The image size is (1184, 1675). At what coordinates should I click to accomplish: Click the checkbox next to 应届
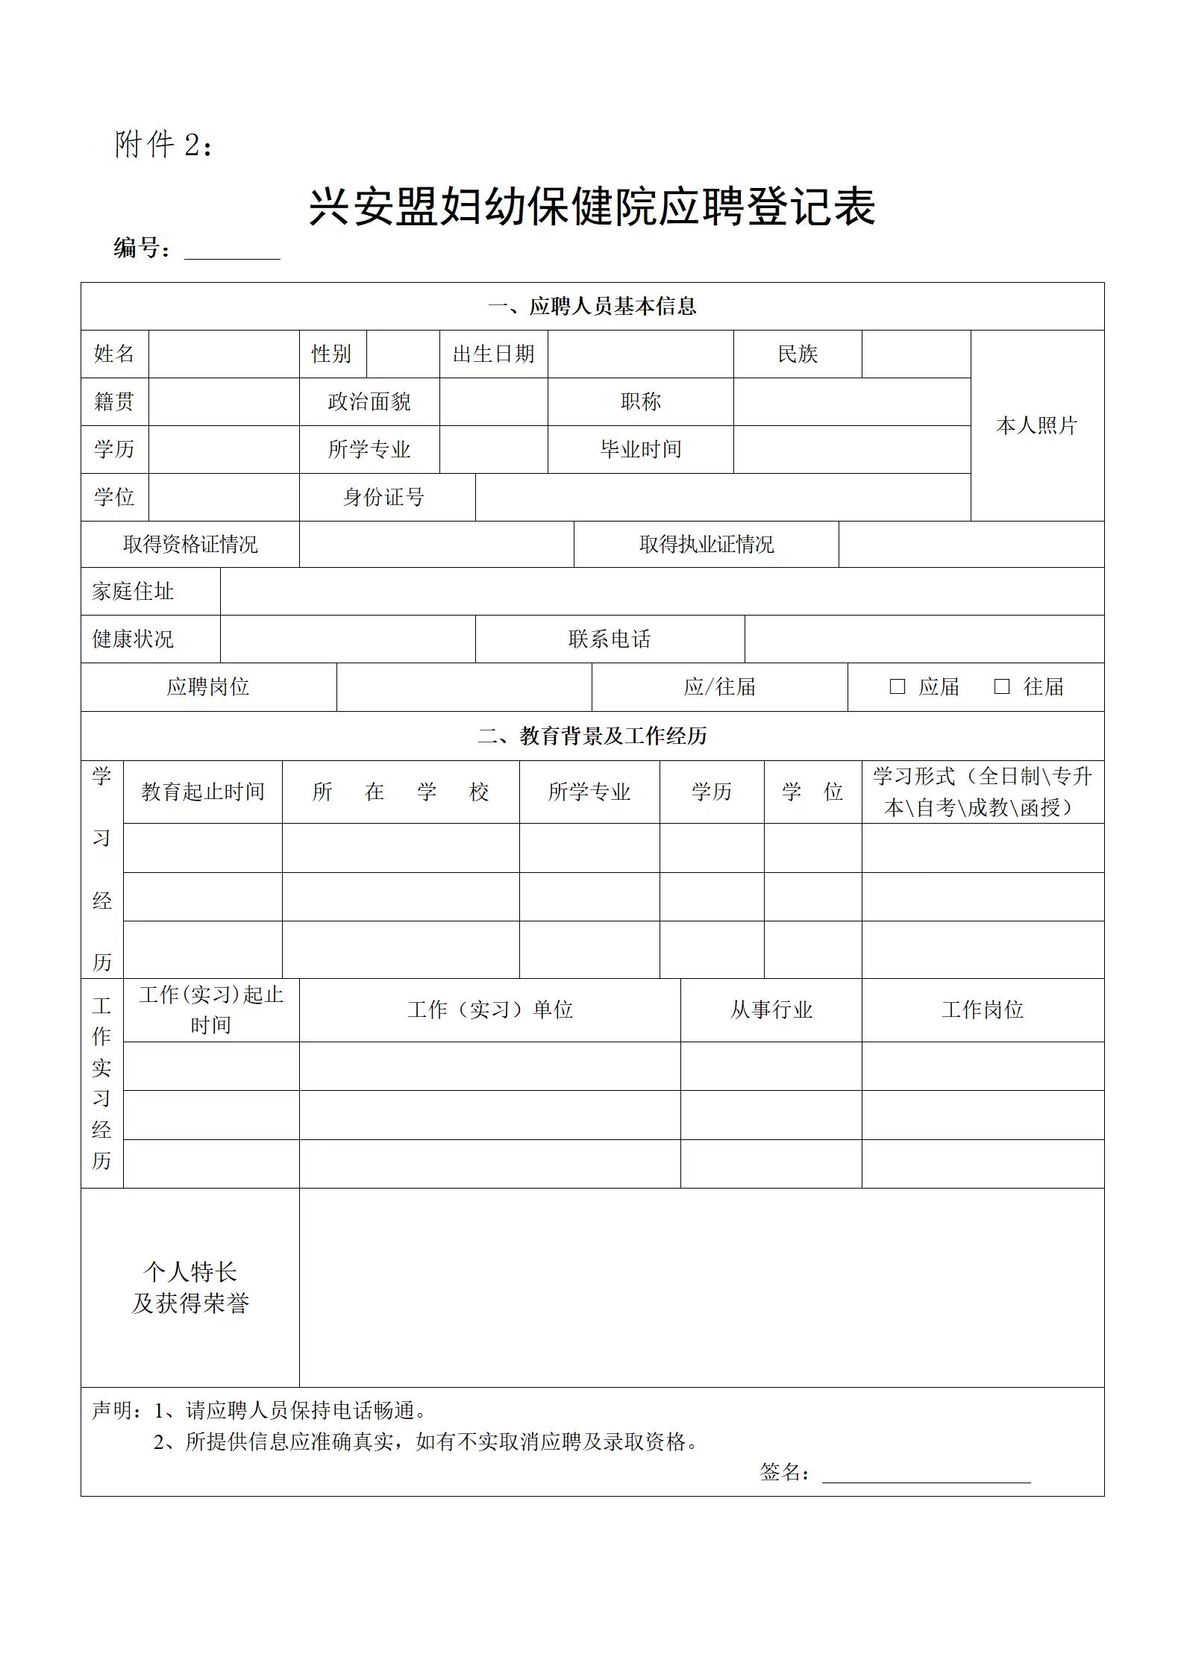pyautogui.click(x=898, y=686)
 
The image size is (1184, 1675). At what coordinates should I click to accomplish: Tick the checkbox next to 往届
pyautogui.click(x=1002, y=686)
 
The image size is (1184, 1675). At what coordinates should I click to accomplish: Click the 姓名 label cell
pyautogui.click(x=114, y=354)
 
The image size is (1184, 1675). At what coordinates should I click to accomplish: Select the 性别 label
pyautogui.click(x=331, y=354)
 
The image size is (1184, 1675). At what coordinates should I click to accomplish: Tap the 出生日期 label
pyautogui.click(x=493, y=354)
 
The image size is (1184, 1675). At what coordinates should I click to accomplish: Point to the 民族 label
pyautogui.click(x=798, y=354)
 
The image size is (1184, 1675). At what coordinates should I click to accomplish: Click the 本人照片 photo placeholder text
pyautogui.click(x=1036, y=425)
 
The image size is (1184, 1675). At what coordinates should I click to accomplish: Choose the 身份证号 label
pyautogui.click(x=383, y=497)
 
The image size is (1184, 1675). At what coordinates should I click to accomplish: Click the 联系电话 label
pyautogui.click(x=610, y=639)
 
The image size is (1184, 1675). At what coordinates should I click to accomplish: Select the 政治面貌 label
pyautogui.click(x=369, y=401)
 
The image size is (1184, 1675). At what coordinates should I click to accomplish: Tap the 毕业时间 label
pyautogui.click(x=641, y=449)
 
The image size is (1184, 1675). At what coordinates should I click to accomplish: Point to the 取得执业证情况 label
pyautogui.click(x=706, y=545)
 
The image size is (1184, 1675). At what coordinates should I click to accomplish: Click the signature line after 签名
pyautogui.click(x=926, y=1474)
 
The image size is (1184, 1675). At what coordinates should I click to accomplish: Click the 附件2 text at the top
pyautogui.click(x=164, y=145)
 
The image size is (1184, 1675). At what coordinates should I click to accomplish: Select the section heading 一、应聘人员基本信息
pyautogui.click(x=592, y=306)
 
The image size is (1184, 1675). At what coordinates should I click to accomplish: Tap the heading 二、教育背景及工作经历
pyautogui.click(x=592, y=736)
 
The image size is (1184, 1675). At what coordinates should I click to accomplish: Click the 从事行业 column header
pyautogui.click(x=771, y=1009)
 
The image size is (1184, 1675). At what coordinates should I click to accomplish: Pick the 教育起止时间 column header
pyautogui.click(x=203, y=792)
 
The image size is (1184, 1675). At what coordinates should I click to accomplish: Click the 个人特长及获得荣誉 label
pyautogui.click(x=190, y=1287)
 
